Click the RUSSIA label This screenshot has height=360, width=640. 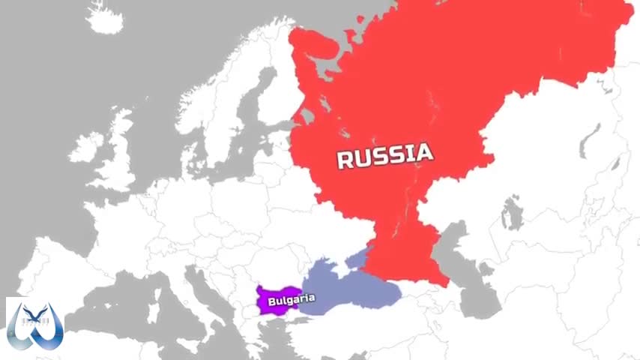(384, 156)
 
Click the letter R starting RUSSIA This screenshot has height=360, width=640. (345, 159)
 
